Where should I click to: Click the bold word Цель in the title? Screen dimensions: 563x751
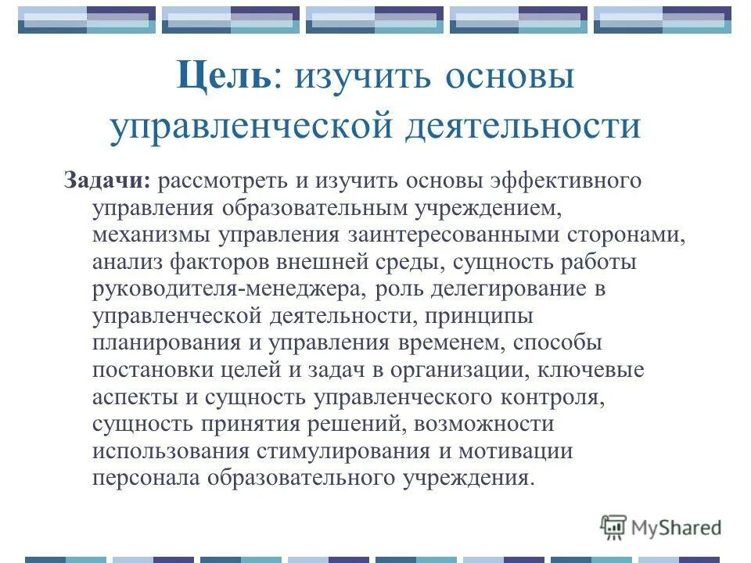224,78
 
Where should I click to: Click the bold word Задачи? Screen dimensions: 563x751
107,181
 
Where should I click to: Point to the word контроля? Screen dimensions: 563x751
553,397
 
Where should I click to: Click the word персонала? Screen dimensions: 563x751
146,479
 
